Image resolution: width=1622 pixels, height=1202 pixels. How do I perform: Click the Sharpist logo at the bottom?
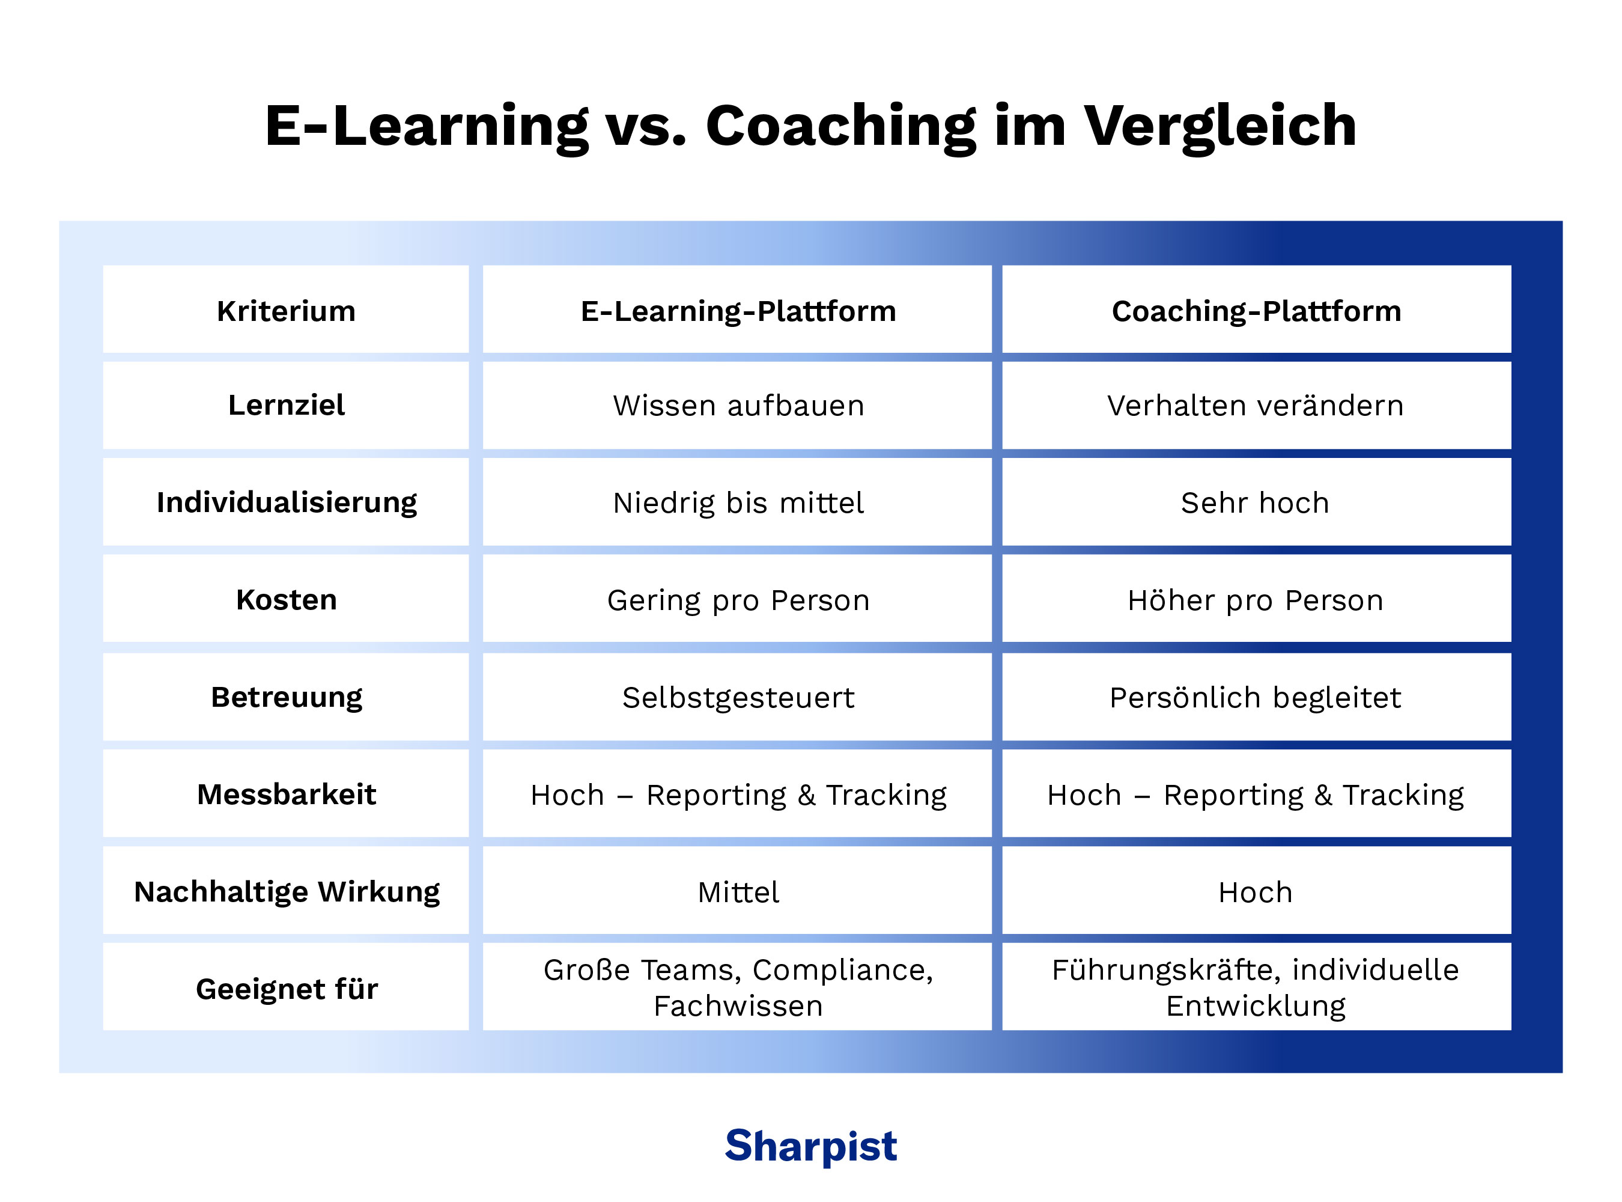[810, 1146]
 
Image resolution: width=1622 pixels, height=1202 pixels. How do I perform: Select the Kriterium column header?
[286, 311]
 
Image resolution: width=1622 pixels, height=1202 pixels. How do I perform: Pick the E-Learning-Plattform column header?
[738, 311]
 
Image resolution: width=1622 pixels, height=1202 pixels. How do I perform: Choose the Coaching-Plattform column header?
[1256, 311]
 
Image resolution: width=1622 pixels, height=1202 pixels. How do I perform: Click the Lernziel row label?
[286, 405]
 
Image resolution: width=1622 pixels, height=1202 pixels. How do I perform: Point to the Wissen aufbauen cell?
[738, 405]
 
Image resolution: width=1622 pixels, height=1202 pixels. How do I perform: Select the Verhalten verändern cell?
[1256, 405]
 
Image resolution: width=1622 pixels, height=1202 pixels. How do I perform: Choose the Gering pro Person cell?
[738, 600]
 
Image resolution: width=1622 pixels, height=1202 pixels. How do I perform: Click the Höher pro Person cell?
[1256, 600]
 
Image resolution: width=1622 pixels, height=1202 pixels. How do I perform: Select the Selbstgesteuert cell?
[738, 698]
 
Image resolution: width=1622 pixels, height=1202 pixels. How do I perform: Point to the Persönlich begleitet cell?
[1256, 698]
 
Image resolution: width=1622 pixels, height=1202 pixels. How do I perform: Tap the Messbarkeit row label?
[286, 795]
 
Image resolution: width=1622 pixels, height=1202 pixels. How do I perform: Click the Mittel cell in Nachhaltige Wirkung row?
[738, 892]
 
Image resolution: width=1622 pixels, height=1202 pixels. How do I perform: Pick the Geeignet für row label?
[286, 989]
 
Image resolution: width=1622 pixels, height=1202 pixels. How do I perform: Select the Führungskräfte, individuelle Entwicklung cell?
[1256, 987]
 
